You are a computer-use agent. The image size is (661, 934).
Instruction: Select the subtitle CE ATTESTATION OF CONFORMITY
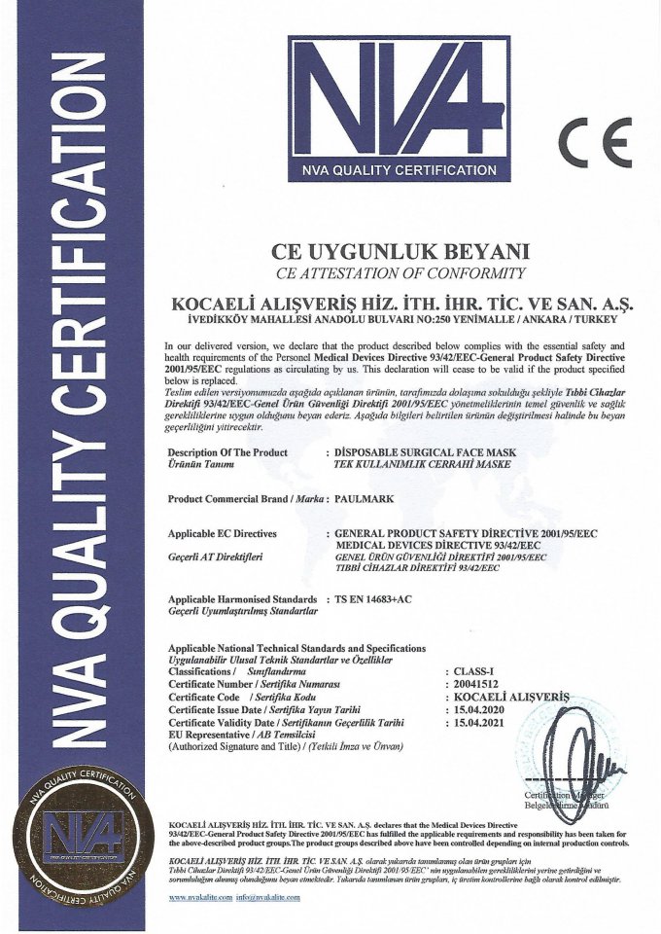coord(400,271)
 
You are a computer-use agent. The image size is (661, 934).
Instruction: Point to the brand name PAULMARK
coord(363,498)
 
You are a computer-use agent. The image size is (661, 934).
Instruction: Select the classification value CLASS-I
coord(467,671)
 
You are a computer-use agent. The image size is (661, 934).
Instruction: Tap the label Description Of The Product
coord(229,453)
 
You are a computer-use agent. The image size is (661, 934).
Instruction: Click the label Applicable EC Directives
coord(223,534)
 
